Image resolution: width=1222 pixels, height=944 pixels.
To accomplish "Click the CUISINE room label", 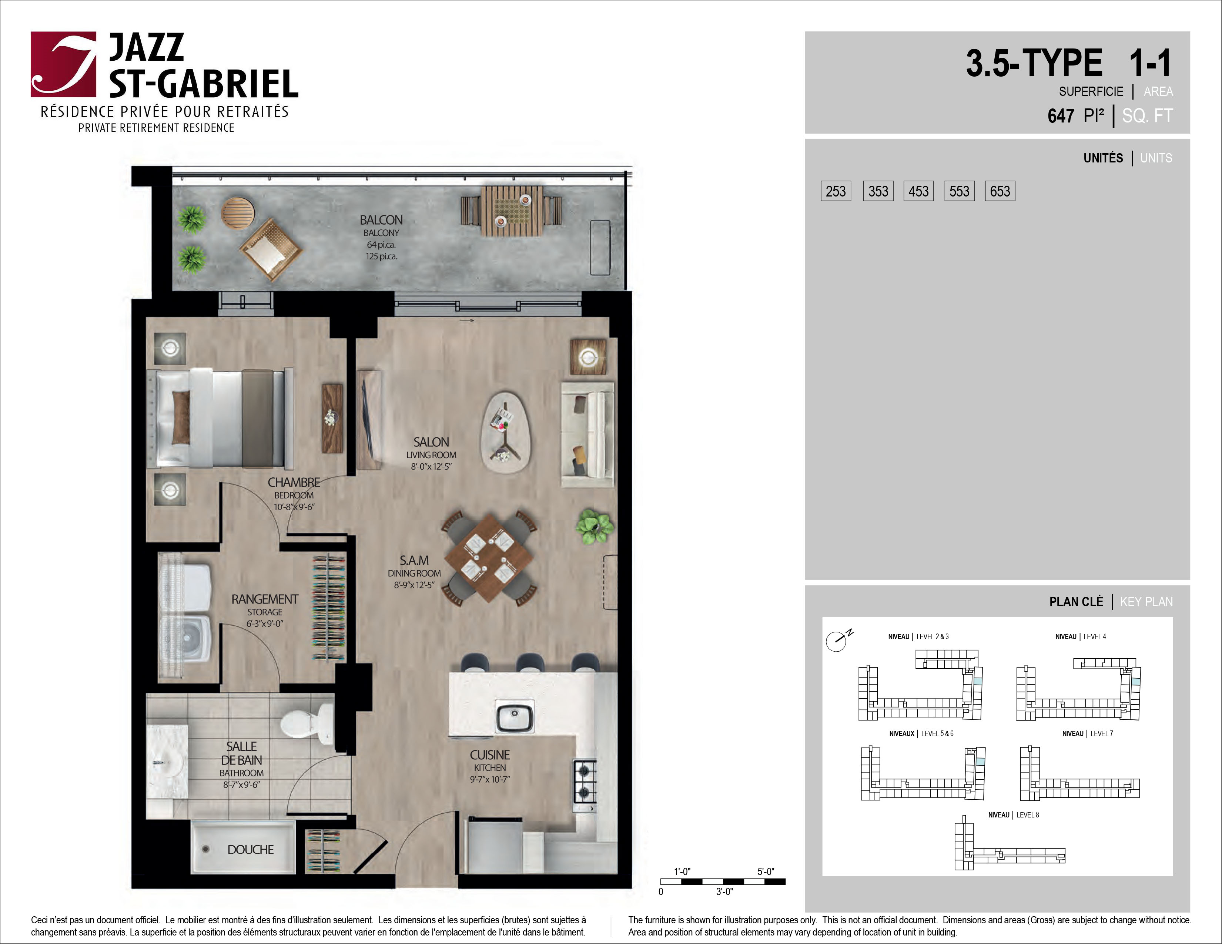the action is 490,755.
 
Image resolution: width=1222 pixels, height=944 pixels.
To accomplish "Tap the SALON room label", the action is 431,442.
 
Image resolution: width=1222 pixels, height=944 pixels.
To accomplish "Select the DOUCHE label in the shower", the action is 251,850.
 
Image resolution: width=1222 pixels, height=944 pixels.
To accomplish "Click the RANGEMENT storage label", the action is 265,599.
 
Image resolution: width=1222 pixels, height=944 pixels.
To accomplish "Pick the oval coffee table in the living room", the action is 506,433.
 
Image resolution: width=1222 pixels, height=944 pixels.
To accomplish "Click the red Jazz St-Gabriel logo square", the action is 63,64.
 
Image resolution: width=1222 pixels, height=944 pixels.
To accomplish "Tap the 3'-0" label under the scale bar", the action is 724,891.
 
